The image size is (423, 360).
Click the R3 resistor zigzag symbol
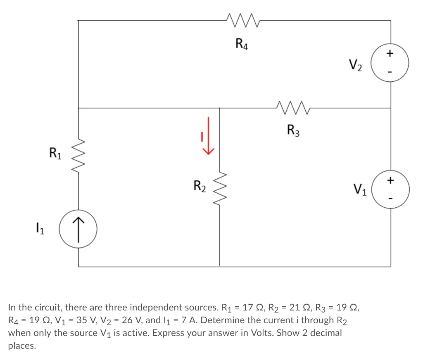pos(293,108)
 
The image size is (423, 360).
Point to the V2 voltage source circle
pos(390,64)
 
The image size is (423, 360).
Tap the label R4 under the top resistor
pos(242,43)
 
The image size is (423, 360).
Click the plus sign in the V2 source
pos(390,53)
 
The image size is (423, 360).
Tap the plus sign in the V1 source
pos(390,180)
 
